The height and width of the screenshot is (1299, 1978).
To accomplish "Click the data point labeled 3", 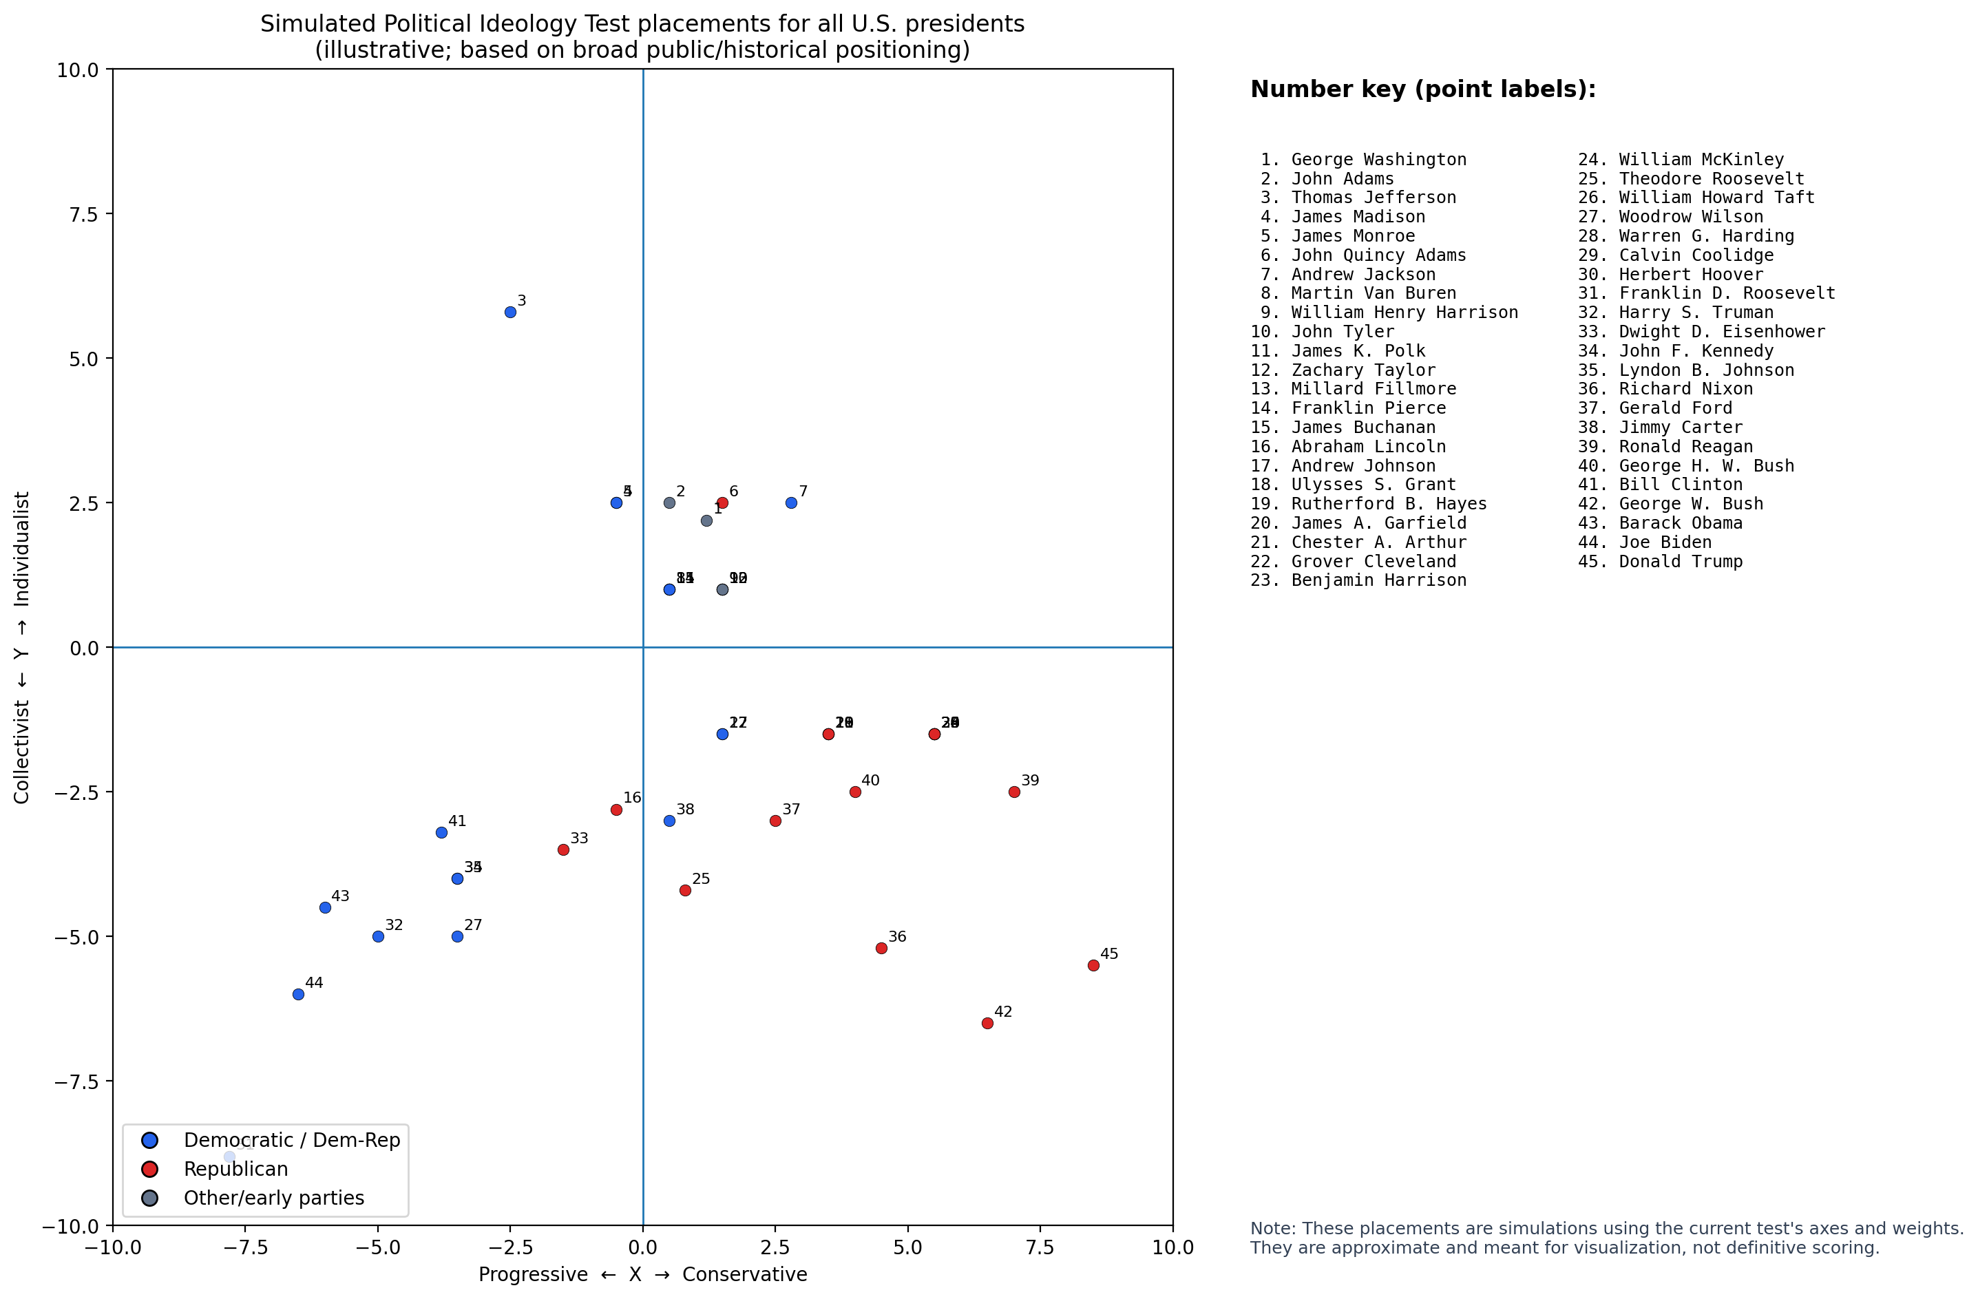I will (510, 313).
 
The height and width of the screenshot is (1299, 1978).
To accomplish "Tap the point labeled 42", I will (987, 1023).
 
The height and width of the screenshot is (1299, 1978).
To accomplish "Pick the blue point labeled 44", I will (298, 994).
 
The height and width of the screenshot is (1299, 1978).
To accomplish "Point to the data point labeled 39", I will (1014, 792).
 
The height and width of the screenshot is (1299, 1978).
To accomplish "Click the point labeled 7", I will (791, 503).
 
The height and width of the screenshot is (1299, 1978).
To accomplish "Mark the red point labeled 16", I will (616, 810).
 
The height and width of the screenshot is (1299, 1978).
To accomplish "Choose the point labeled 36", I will (882, 949).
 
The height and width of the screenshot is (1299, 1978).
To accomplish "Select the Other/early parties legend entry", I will (273, 1198).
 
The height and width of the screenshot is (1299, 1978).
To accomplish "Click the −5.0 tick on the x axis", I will (377, 1247).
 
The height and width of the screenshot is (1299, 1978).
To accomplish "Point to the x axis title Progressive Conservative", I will (642, 1275).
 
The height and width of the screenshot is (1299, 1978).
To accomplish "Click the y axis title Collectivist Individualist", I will (21, 647).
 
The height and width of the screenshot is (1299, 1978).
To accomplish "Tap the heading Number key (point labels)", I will (1423, 89).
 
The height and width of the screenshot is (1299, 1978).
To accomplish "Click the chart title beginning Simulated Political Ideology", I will (642, 36).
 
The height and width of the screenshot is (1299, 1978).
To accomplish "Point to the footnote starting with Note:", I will (1606, 1238).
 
